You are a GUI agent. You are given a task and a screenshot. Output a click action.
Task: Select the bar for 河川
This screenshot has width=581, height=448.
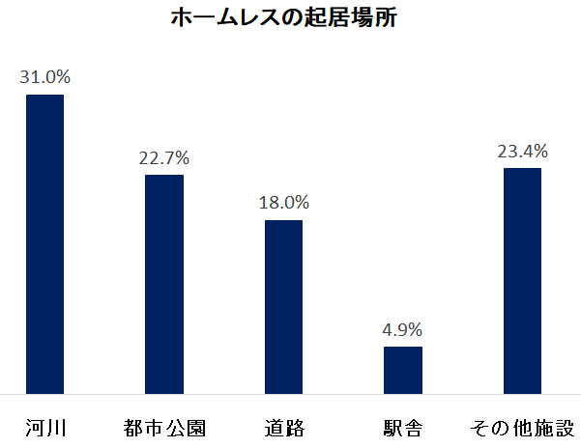pyautogui.click(x=44, y=243)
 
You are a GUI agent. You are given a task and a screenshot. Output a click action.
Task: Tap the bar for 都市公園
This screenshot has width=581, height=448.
pyautogui.click(x=164, y=284)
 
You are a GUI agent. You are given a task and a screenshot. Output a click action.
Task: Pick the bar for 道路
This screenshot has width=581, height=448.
pyautogui.click(x=283, y=306)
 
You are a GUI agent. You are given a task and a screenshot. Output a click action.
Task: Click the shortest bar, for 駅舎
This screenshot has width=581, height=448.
pyautogui.click(x=403, y=370)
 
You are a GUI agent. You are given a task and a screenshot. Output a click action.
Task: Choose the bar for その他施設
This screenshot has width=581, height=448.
pyautogui.click(x=522, y=280)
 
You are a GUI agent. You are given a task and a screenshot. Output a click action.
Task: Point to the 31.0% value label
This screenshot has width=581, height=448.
pyautogui.click(x=44, y=75)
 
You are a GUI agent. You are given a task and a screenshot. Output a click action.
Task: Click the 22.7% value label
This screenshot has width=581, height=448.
pyautogui.click(x=164, y=156)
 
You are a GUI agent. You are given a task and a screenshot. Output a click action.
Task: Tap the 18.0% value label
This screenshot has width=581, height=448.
pyautogui.click(x=283, y=202)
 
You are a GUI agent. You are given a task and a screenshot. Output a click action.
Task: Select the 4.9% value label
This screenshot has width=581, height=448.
pyautogui.click(x=403, y=328)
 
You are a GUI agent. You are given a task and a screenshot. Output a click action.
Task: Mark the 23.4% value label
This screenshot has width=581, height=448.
pyautogui.click(x=522, y=150)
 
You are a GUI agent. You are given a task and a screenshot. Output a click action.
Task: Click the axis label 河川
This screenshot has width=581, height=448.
pyautogui.click(x=44, y=426)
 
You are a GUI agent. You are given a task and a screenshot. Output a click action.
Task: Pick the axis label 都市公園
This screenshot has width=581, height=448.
pyautogui.click(x=164, y=426)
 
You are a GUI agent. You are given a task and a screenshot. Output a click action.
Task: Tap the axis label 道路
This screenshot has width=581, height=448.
pyautogui.click(x=283, y=426)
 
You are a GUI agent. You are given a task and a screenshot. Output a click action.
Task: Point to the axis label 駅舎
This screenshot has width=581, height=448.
pyautogui.click(x=403, y=426)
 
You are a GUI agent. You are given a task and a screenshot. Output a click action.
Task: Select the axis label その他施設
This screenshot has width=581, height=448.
pyautogui.click(x=522, y=426)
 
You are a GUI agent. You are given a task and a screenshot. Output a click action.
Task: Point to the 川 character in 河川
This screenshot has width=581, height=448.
pyautogui.click(x=55, y=426)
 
